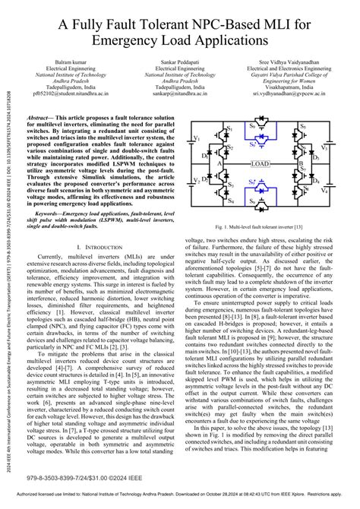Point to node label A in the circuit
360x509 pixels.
(220, 163)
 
